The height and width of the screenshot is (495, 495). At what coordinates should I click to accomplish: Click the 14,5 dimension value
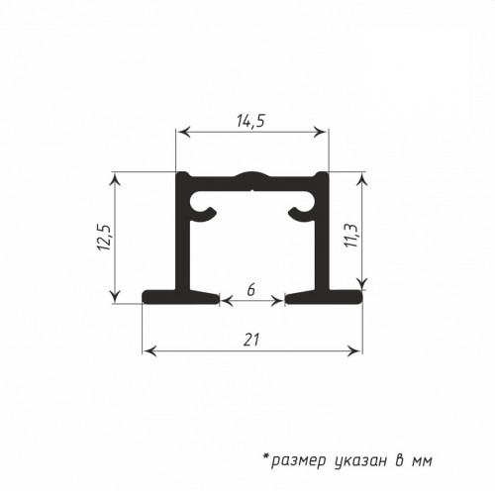pos(250,121)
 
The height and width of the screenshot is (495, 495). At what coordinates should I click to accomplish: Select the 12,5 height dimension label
pos(105,238)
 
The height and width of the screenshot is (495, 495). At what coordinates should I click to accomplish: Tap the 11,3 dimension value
pos(350,236)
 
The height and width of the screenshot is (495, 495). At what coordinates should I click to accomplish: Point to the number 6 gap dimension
pos(251,290)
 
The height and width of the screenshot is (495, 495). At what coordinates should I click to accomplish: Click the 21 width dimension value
pos(251,340)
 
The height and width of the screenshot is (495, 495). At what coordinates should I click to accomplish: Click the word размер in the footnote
pos(298,460)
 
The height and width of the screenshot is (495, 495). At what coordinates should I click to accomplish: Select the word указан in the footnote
pos(360,460)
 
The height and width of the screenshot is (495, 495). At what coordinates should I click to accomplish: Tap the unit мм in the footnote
pos(422,461)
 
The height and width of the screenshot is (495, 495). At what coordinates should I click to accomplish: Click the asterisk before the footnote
pos(266,457)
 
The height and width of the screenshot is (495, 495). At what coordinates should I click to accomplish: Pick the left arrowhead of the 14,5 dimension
pos(183,133)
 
